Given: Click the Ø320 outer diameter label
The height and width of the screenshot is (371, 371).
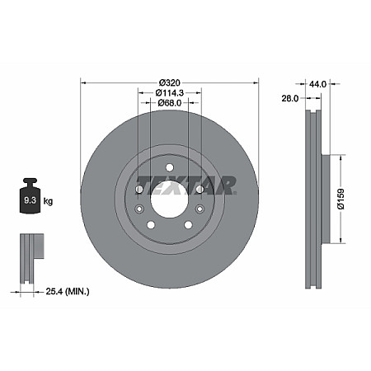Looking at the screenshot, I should pyautogui.click(x=170, y=83).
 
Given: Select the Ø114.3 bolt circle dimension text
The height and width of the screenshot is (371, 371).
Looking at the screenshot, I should pyautogui.click(x=170, y=93).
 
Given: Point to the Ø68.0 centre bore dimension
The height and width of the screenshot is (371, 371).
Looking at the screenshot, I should pyautogui.click(x=170, y=103).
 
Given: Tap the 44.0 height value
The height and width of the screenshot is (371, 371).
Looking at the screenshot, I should pyautogui.click(x=318, y=83).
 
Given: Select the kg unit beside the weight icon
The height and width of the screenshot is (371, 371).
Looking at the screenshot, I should pyautogui.click(x=49, y=200).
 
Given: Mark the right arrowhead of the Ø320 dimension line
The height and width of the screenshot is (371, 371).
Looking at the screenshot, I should pyautogui.click(x=256, y=83).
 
